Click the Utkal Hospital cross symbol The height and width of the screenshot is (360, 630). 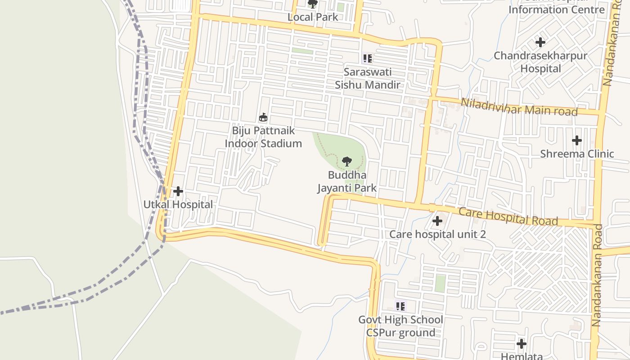178,191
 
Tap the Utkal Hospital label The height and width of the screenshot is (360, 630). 178,204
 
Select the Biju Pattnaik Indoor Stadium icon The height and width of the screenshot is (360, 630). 263,117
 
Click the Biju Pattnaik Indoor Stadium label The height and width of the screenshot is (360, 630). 263,137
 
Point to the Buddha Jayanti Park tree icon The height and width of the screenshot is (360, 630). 346,161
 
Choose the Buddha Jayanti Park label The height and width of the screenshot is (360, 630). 347,181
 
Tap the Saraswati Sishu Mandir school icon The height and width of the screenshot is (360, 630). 367,58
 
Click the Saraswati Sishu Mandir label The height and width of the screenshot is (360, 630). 368,78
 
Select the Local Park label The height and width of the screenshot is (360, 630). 313,17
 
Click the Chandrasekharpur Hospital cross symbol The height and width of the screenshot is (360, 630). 540,42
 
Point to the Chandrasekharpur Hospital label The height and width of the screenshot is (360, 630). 540,62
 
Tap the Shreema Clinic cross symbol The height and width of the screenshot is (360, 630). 577,140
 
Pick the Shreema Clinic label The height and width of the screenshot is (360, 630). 577,153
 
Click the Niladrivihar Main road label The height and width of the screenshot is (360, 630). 519,107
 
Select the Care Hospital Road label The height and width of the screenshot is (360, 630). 508,216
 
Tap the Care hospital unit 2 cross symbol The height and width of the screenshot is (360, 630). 437,221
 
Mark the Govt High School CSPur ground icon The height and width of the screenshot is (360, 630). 400,306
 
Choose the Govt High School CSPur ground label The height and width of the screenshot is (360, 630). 400,326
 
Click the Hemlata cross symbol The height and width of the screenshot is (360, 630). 522,344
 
